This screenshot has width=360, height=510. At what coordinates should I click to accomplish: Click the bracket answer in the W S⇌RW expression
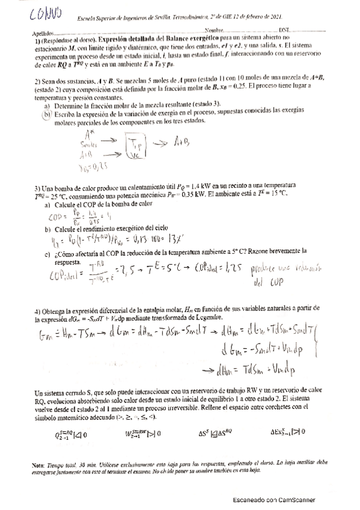coord(148,433)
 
